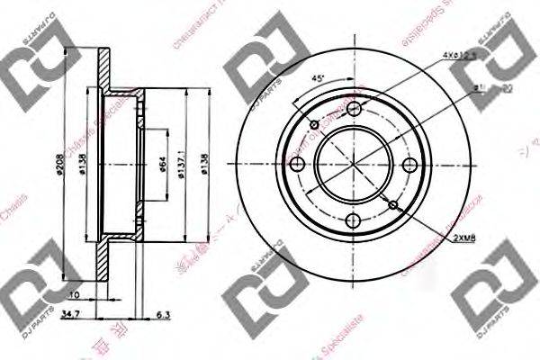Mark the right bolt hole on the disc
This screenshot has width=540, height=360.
[x=409, y=166]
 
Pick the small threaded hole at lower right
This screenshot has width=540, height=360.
[x=393, y=205]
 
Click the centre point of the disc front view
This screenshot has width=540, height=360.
[x=353, y=166]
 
